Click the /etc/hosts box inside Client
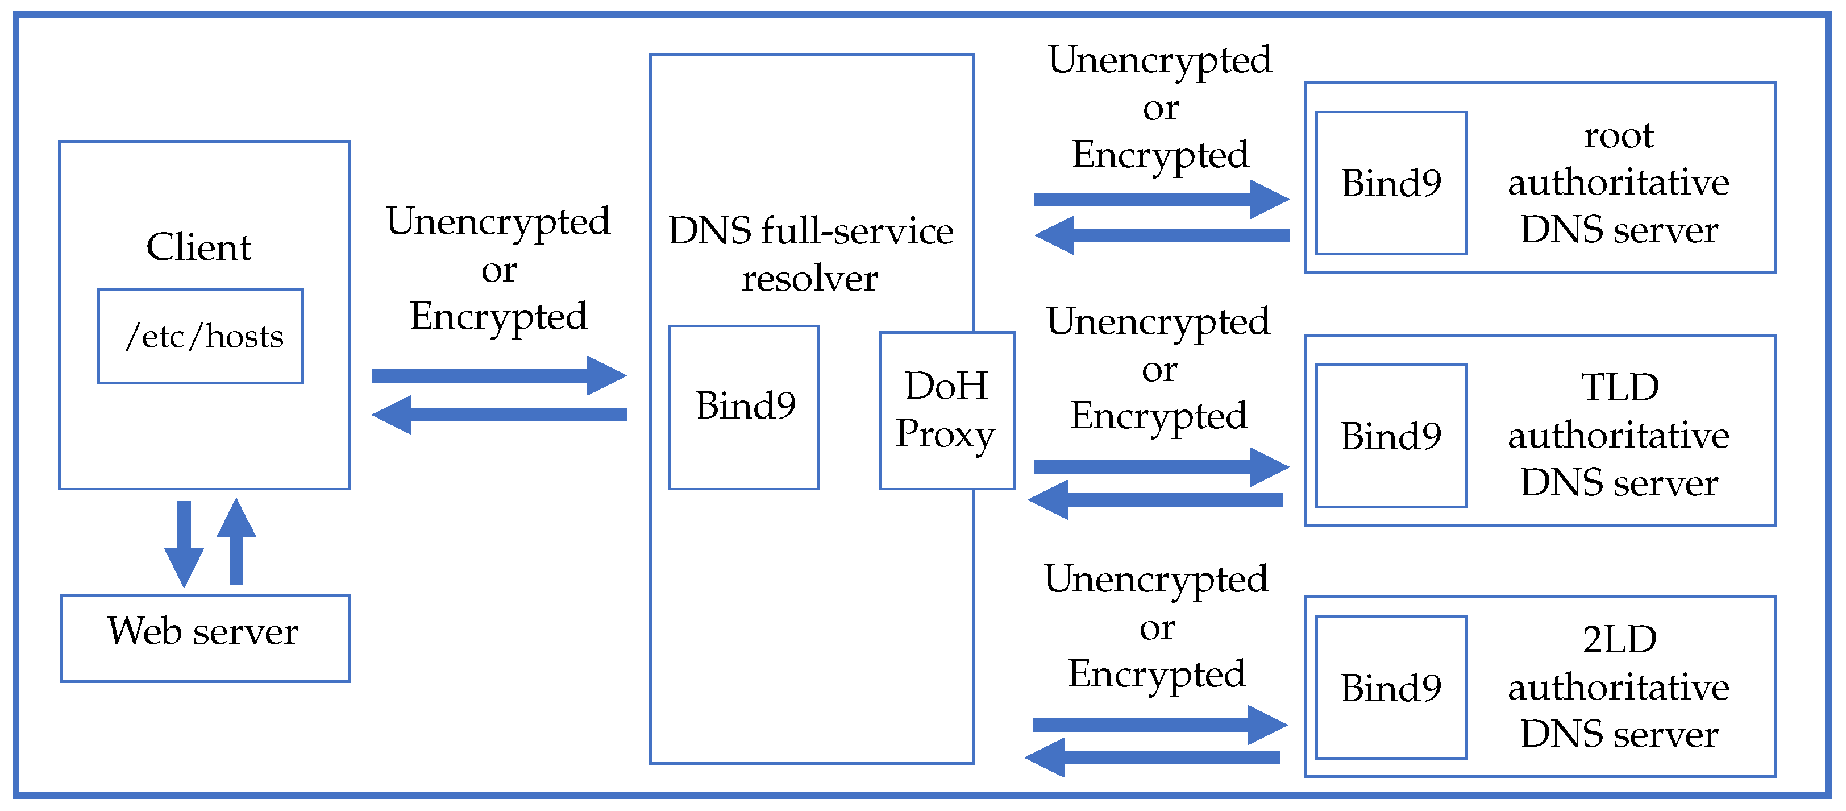(x=201, y=336)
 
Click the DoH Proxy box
(x=947, y=410)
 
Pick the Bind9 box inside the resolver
(x=744, y=407)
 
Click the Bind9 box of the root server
(x=1391, y=183)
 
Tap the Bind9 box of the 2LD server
(x=1391, y=687)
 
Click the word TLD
(x=1620, y=388)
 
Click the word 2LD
(x=1620, y=640)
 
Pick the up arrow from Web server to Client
(x=236, y=541)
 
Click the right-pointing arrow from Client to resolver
(x=498, y=375)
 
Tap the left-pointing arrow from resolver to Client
(x=498, y=415)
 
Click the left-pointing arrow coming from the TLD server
(x=1155, y=500)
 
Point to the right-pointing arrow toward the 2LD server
(x=1159, y=725)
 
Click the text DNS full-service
(x=810, y=231)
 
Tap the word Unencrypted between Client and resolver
(x=498, y=222)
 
